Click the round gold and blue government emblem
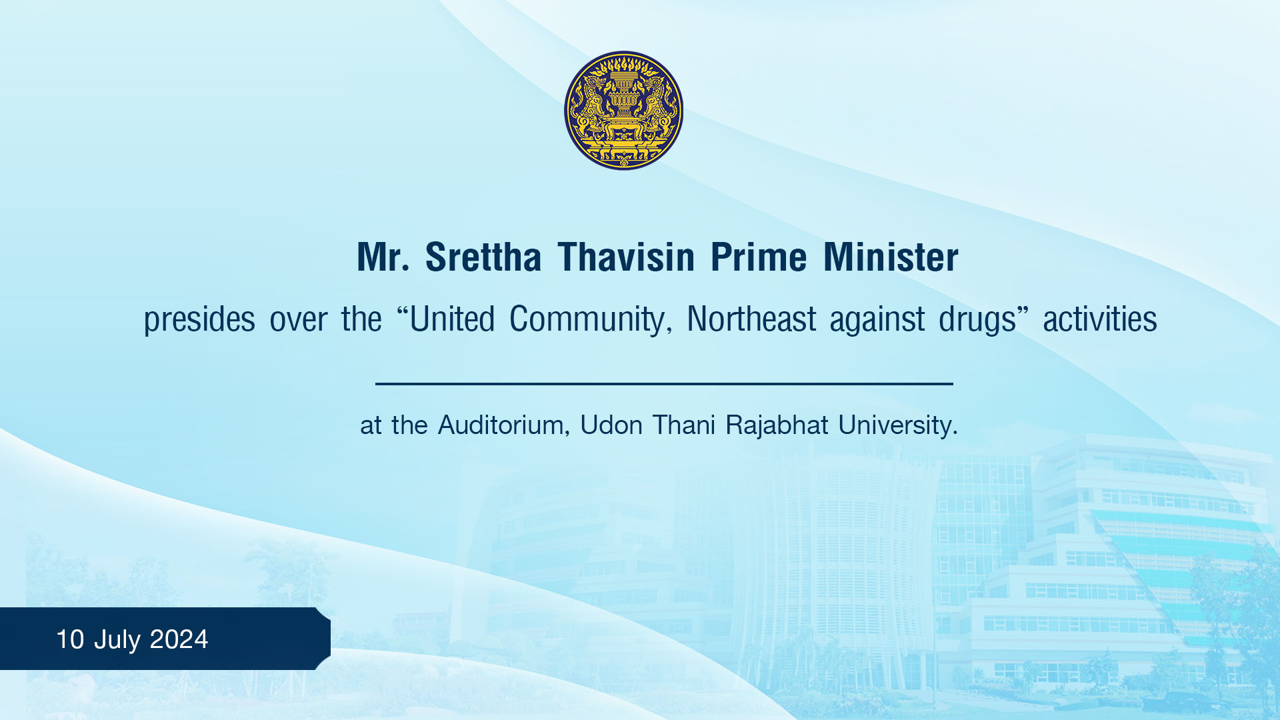coord(623,111)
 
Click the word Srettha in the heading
coord(483,257)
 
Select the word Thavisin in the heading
coord(627,257)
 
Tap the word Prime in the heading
coord(759,257)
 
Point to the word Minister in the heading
coord(891,257)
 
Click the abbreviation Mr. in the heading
coord(383,257)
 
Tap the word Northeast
coord(751,319)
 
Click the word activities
coord(1100,319)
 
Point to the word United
coord(452,319)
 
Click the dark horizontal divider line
coord(664,384)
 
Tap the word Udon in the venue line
coord(611,425)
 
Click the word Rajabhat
coord(777,425)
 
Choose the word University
coord(898,425)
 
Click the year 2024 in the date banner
coord(179,639)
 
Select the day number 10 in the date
coord(70,639)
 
